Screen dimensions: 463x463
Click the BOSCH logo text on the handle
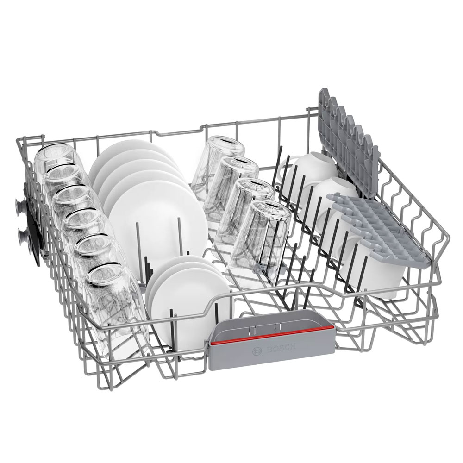pos(281,348)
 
